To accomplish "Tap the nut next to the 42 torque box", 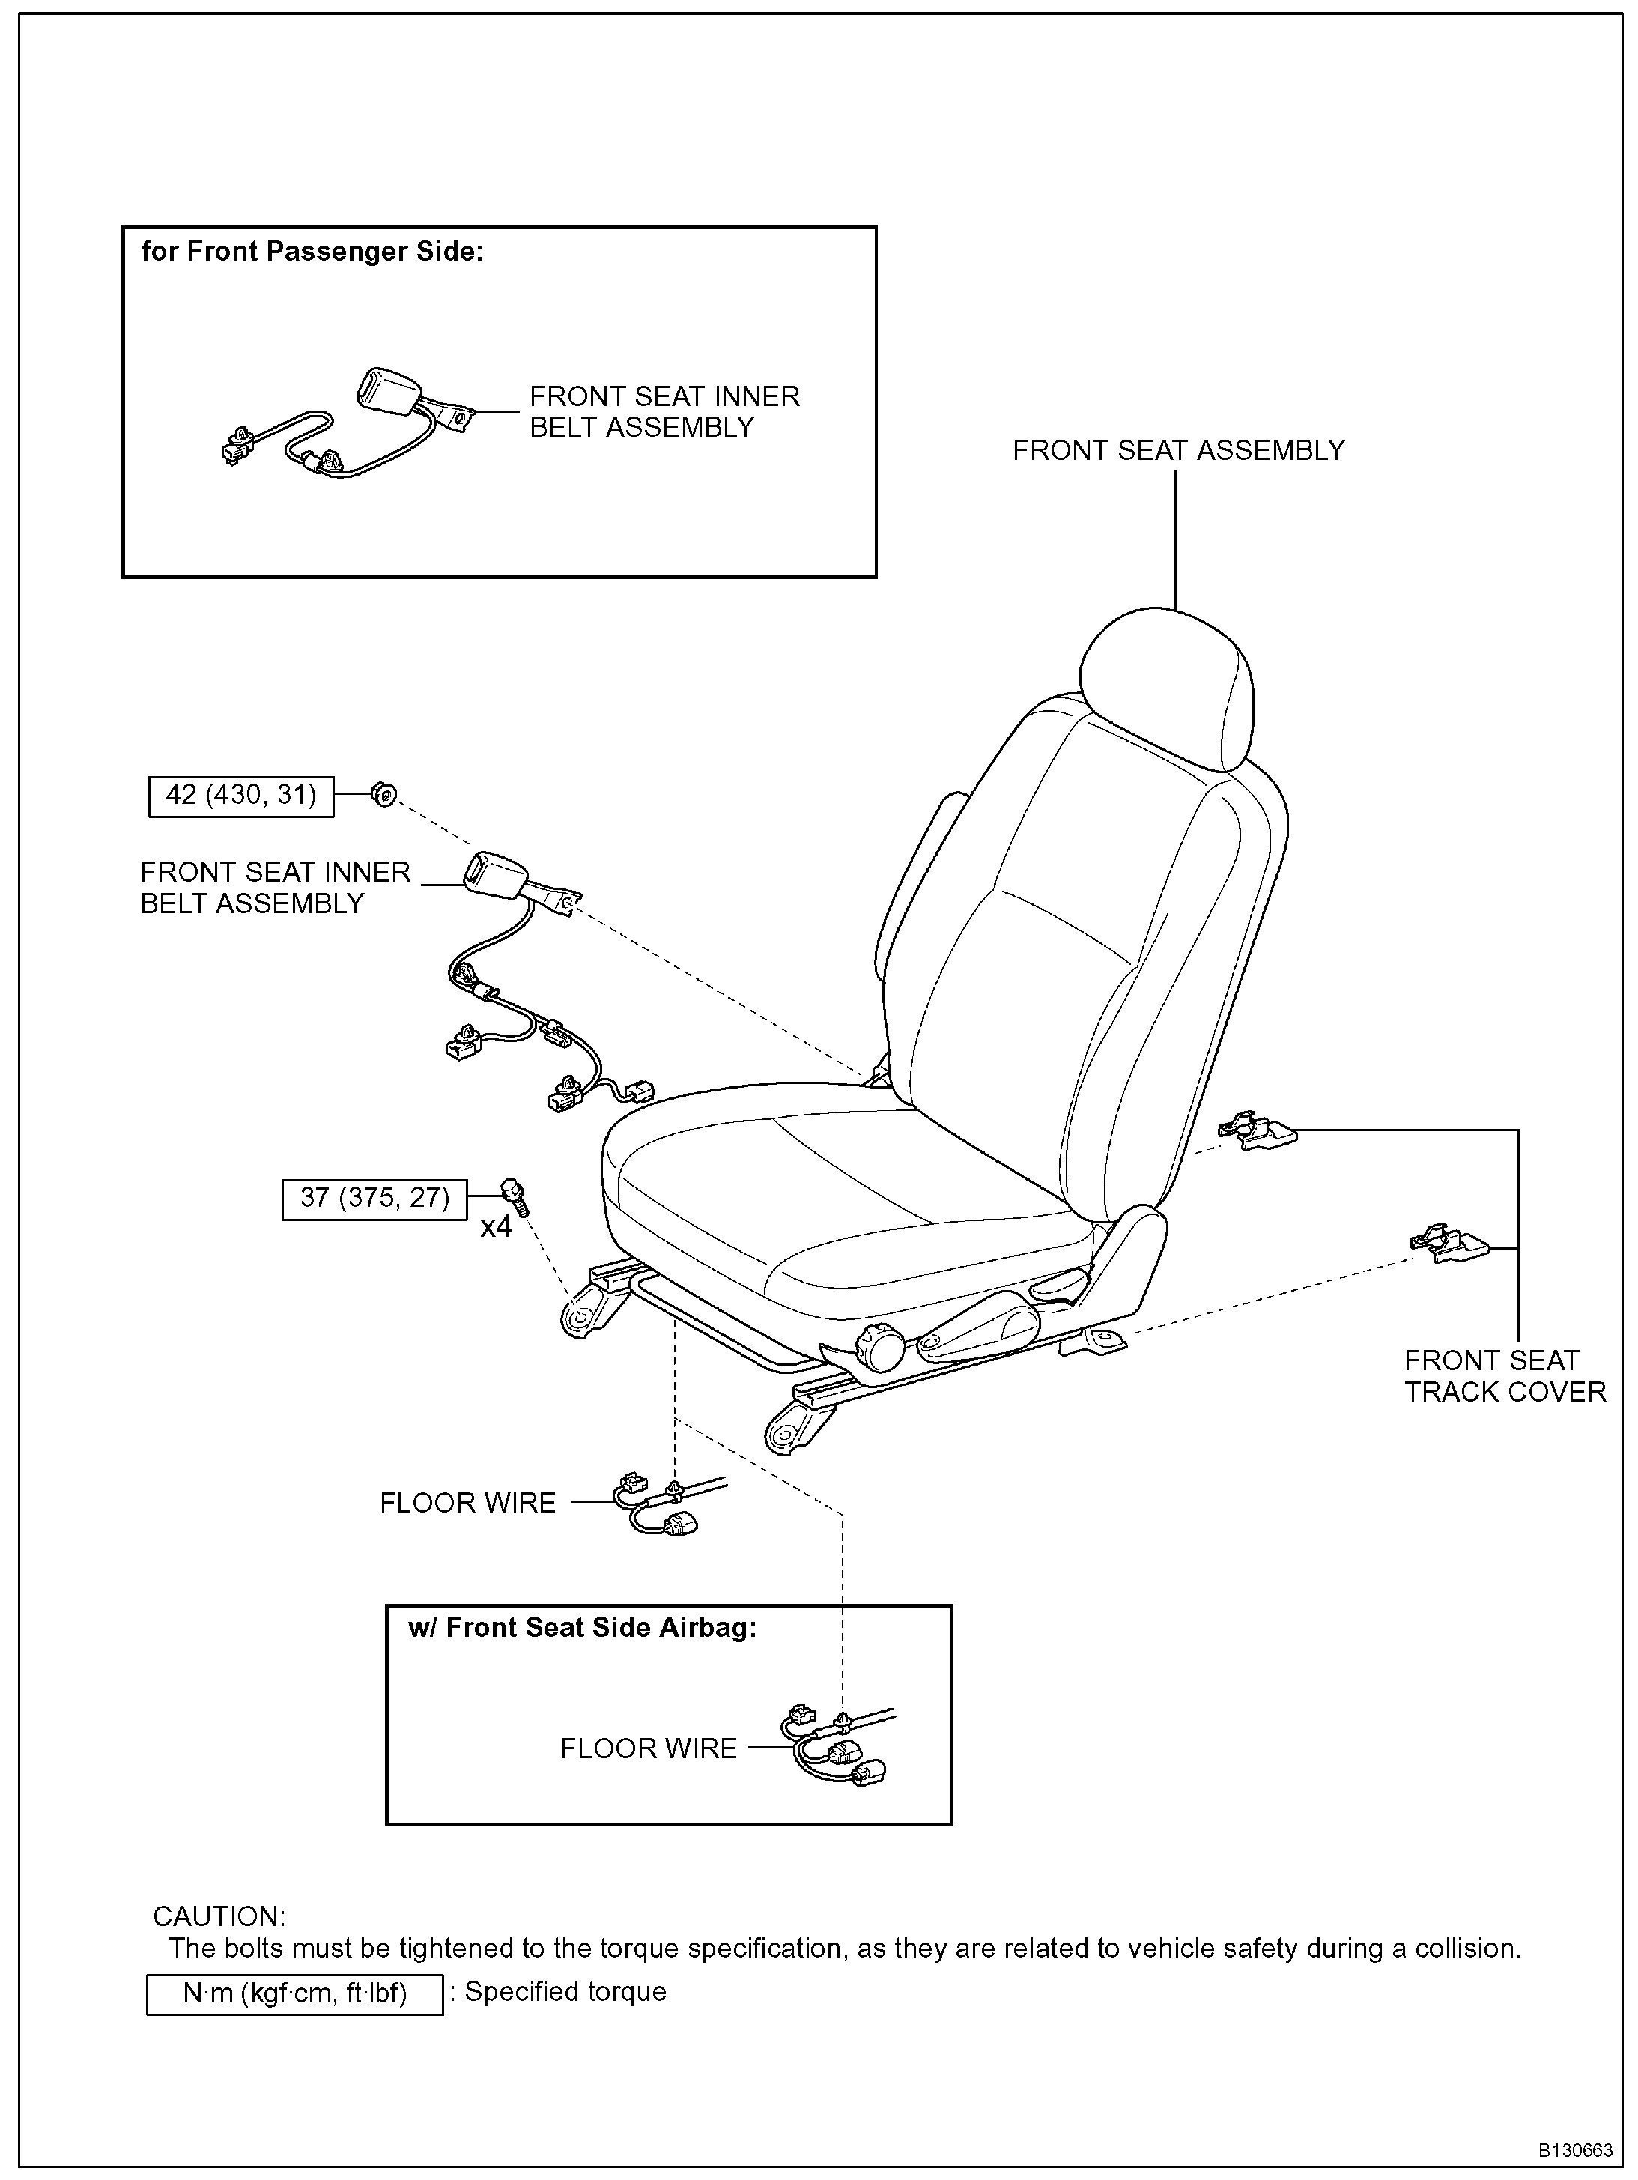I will point(384,793).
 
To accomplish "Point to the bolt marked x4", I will point(514,1196).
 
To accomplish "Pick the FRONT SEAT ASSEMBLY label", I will point(1177,450).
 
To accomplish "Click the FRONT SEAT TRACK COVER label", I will point(1504,1376).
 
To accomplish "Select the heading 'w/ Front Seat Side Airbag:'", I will point(583,1627).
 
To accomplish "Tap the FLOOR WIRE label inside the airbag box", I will point(649,1748).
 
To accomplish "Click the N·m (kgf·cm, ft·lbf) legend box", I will point(294,1993).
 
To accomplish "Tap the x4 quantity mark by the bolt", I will point(496,1228).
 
